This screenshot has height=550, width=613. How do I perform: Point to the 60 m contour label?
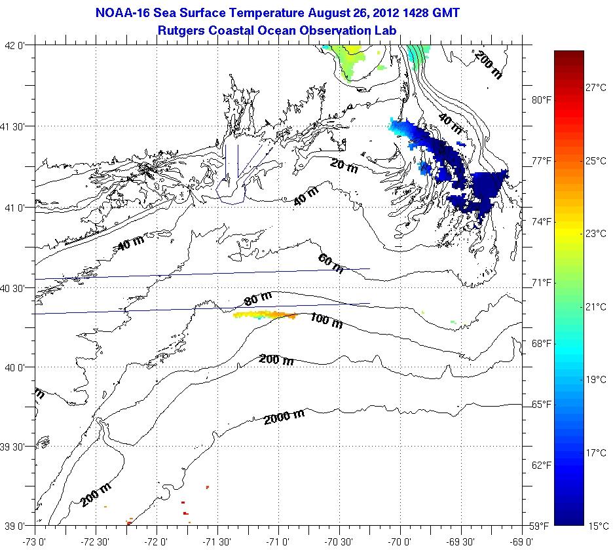pyautogui.click(x=330, y=263)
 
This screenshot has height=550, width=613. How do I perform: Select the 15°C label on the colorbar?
pyautogui.click(x=597, y=526)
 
